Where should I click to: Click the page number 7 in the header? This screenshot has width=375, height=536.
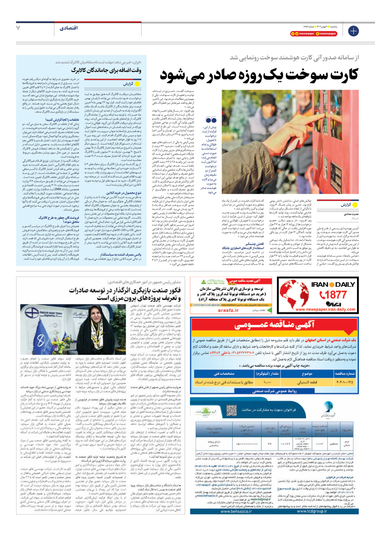[x=18, y=28]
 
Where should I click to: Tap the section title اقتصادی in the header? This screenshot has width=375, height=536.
[x=69, y=28]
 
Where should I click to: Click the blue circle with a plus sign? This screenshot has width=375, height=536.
[x=353, y=31]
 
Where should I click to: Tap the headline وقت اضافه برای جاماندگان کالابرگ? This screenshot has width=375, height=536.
[x=106, y=71]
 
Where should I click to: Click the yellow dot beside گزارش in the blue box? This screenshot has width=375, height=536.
[x=137, y=84]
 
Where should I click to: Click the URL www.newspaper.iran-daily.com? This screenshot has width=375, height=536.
[x=325, y=310]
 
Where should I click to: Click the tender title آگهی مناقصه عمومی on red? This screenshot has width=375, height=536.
[x=274, y=324]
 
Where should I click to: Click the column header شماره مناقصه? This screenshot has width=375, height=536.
[x=345, y=374]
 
